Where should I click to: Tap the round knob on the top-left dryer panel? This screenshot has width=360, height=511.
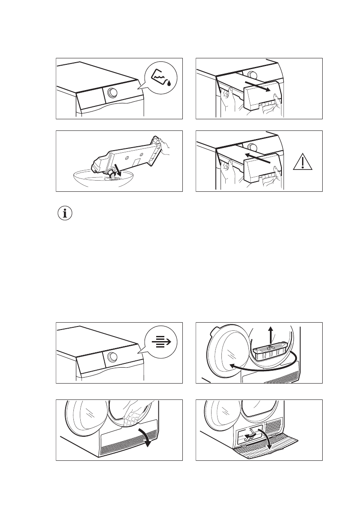[x=112, y=93]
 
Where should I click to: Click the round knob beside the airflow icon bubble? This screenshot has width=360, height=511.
[x=112, y=357]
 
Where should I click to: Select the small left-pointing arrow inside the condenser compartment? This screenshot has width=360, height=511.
[x=248, y=437]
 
